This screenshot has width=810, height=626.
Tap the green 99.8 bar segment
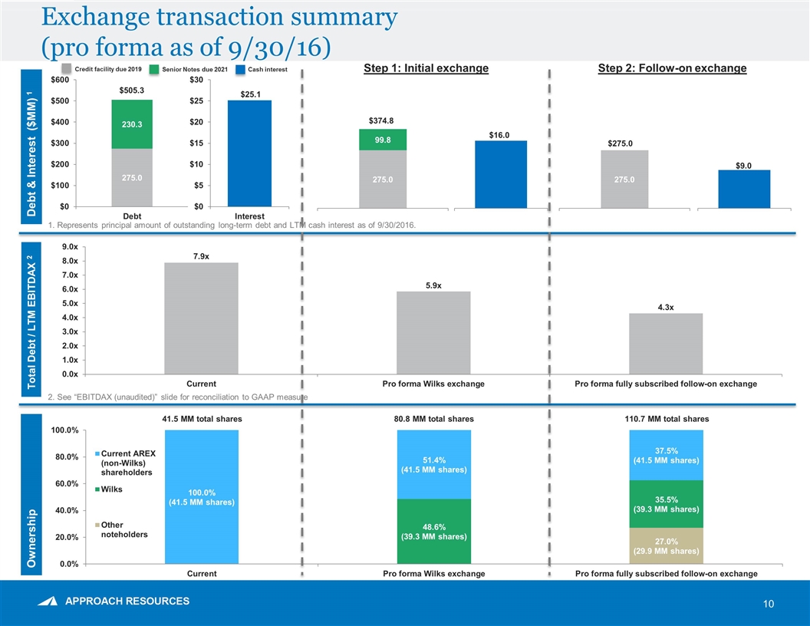click(382, 140)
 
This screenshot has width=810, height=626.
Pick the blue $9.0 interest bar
click(743, 189)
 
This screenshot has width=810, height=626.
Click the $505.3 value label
click(132, 91)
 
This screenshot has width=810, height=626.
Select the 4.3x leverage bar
click(665, 344)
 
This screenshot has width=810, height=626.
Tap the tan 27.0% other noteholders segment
click(665, 545)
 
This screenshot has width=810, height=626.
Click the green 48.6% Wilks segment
click(433, 531)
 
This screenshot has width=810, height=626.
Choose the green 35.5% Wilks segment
click(665, 504)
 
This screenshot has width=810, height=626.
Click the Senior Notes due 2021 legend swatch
click(153, 70)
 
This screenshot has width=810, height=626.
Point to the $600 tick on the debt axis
click(59, 80)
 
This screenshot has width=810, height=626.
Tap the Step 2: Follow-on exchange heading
click(672, 69)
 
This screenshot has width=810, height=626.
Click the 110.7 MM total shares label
click(665, 419)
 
